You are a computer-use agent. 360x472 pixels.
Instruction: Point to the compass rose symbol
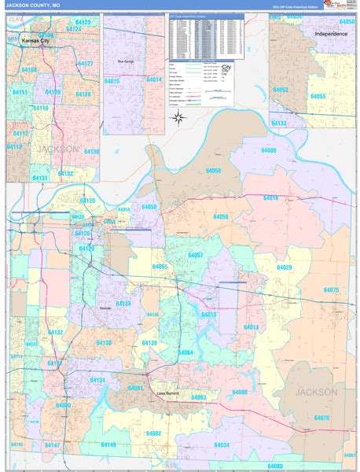[178, 119]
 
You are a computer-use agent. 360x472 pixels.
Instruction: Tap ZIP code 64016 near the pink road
[270, 198]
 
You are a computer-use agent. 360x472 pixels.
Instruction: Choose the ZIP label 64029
[284, 267]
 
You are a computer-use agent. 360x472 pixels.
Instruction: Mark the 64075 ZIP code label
[331, 290]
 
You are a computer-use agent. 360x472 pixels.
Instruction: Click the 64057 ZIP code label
[196, 255]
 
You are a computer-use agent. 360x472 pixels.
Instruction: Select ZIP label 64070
[321, 418]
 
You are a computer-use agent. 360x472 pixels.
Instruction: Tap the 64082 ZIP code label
[153, 433]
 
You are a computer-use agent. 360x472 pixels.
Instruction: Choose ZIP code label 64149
[108, 445]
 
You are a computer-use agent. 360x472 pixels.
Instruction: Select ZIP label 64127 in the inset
[85, 63]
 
